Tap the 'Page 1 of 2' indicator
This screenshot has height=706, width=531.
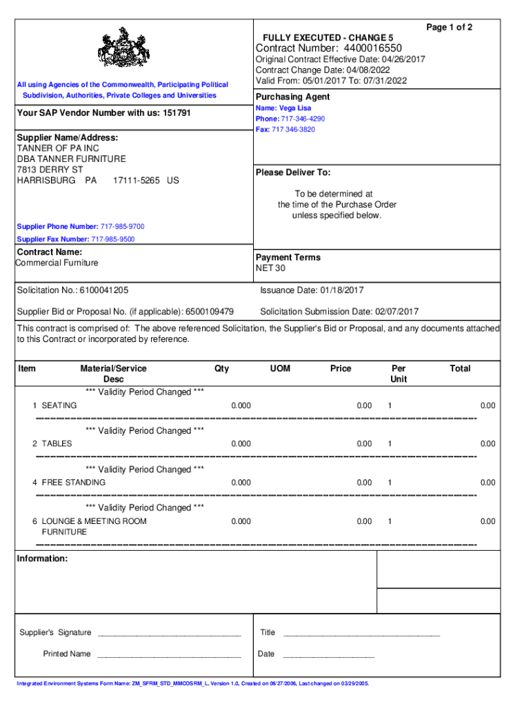449,28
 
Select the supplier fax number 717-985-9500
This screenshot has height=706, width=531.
113,239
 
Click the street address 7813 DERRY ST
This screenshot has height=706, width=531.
50,170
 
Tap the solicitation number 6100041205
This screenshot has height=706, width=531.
103,290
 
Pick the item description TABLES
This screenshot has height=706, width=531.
57,444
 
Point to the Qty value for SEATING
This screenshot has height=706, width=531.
241,405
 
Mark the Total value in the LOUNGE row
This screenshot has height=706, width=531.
488,522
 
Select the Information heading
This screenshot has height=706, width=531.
42,558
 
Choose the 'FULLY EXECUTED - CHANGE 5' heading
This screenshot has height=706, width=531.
328,37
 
